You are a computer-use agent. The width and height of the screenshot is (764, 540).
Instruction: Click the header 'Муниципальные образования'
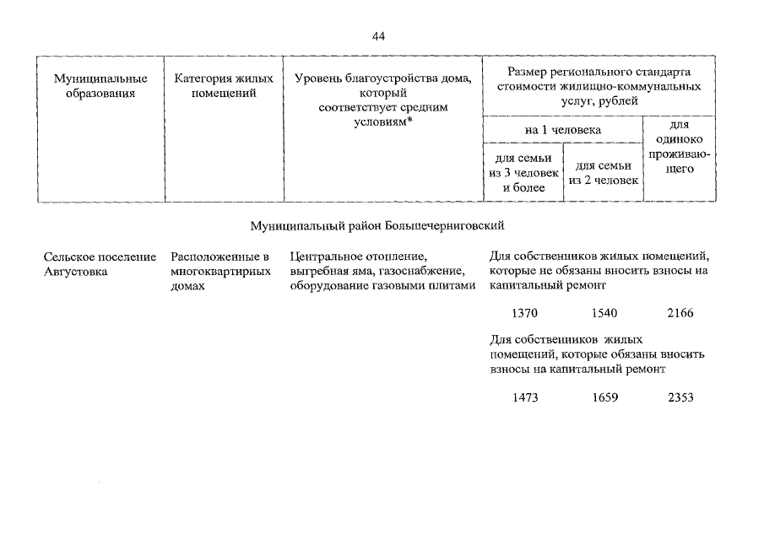[x=95, y=86]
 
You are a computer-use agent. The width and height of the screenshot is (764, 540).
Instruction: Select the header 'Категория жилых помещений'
[x=224, y=86]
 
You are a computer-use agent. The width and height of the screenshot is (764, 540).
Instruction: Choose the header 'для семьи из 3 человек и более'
[x=523, y=173]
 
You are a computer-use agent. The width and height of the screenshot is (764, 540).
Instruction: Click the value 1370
[x=525, y=313]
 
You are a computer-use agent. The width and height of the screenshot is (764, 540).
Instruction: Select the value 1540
[x=604, y=313]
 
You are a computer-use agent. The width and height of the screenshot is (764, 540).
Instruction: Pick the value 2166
[x=680, y=313]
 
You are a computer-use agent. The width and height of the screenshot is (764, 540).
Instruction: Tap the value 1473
[x=525, y=397]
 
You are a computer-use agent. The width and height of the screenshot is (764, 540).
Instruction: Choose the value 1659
[x=604, y=397]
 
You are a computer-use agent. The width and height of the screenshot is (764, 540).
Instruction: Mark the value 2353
[x=680, y=397]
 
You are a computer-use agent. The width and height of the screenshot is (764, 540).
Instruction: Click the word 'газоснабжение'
[x=426, y=271]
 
